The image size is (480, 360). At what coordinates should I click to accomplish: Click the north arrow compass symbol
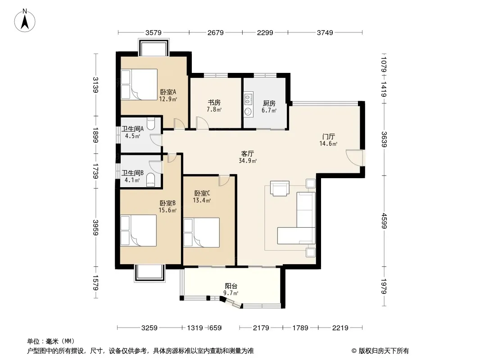25,21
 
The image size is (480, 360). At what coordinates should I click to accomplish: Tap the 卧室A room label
168,92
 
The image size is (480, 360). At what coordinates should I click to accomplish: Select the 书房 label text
214,103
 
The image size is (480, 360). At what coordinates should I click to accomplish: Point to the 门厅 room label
328,136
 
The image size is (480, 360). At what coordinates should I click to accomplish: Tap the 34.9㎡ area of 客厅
247,161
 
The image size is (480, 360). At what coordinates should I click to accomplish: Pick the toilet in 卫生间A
151,124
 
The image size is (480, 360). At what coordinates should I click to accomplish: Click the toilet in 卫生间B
150,180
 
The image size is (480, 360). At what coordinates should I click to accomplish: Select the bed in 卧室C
202,232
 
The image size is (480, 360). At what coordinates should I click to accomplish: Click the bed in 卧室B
139,230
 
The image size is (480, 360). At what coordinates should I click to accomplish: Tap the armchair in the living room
280,188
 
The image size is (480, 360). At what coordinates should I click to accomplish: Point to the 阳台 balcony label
231,286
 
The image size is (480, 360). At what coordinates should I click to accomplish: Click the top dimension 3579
154,32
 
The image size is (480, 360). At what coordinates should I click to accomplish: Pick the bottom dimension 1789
300,328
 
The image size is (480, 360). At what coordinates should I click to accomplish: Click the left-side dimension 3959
95,228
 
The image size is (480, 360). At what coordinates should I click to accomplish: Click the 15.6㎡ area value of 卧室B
168,210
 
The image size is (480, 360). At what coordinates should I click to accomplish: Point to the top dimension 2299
265,32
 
